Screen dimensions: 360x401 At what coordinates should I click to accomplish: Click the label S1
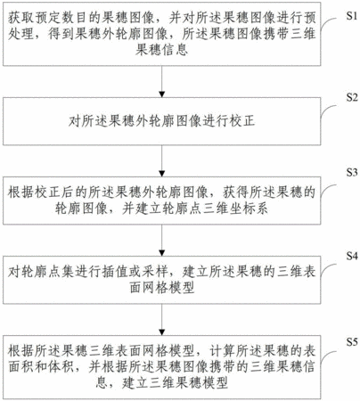(352, 16)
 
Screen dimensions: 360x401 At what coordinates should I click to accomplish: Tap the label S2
(352, 97)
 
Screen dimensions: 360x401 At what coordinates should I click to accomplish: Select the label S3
(352, 172)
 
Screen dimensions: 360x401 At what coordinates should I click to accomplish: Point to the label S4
(352, 256)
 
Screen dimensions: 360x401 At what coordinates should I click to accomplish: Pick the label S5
(352, 342)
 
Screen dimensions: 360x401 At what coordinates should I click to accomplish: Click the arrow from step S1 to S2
(162, 81)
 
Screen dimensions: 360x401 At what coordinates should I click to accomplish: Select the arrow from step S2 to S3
(162, 160)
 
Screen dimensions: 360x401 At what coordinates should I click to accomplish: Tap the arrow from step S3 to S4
(162, 240)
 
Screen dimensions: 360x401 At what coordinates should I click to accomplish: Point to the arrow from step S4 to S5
(162, 319)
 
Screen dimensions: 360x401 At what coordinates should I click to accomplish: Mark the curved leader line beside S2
(326, 110)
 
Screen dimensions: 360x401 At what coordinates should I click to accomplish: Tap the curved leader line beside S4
(326, 268)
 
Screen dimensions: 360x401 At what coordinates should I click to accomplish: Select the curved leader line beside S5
(326, 356)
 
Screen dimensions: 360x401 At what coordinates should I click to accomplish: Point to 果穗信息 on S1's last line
(162, 49)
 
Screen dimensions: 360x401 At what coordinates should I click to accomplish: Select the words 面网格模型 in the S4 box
(162, 288)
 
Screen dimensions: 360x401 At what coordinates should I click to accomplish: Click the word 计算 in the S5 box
(222, 352)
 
